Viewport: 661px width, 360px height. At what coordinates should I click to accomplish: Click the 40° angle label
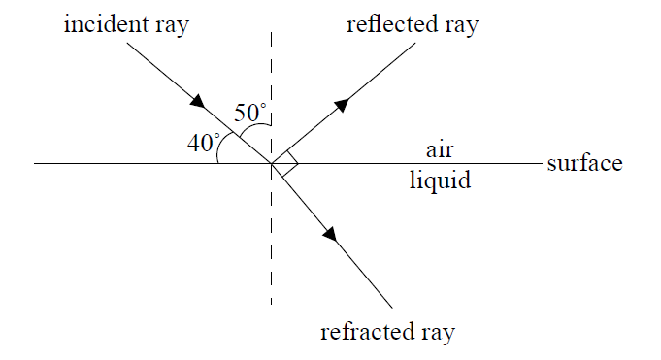(x=204, y=143)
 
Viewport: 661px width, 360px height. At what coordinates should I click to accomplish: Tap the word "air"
(x=440, y=150)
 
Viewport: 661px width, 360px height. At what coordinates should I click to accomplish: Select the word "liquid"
(x=440, y=180)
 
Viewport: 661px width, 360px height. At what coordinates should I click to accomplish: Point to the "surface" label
(x=584, y=163)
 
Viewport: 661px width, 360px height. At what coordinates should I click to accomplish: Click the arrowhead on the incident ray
(x=198, y=100)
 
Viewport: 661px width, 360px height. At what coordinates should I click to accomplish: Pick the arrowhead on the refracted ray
(x=331, y=233)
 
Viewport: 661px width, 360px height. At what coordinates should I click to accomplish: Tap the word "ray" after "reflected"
(x=460, y=26)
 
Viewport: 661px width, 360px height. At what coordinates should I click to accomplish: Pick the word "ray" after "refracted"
(x=434, y=334)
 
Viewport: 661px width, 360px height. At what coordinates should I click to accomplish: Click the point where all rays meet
(x=271, y=163)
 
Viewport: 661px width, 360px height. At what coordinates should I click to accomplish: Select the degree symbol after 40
(x=216, y=136)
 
